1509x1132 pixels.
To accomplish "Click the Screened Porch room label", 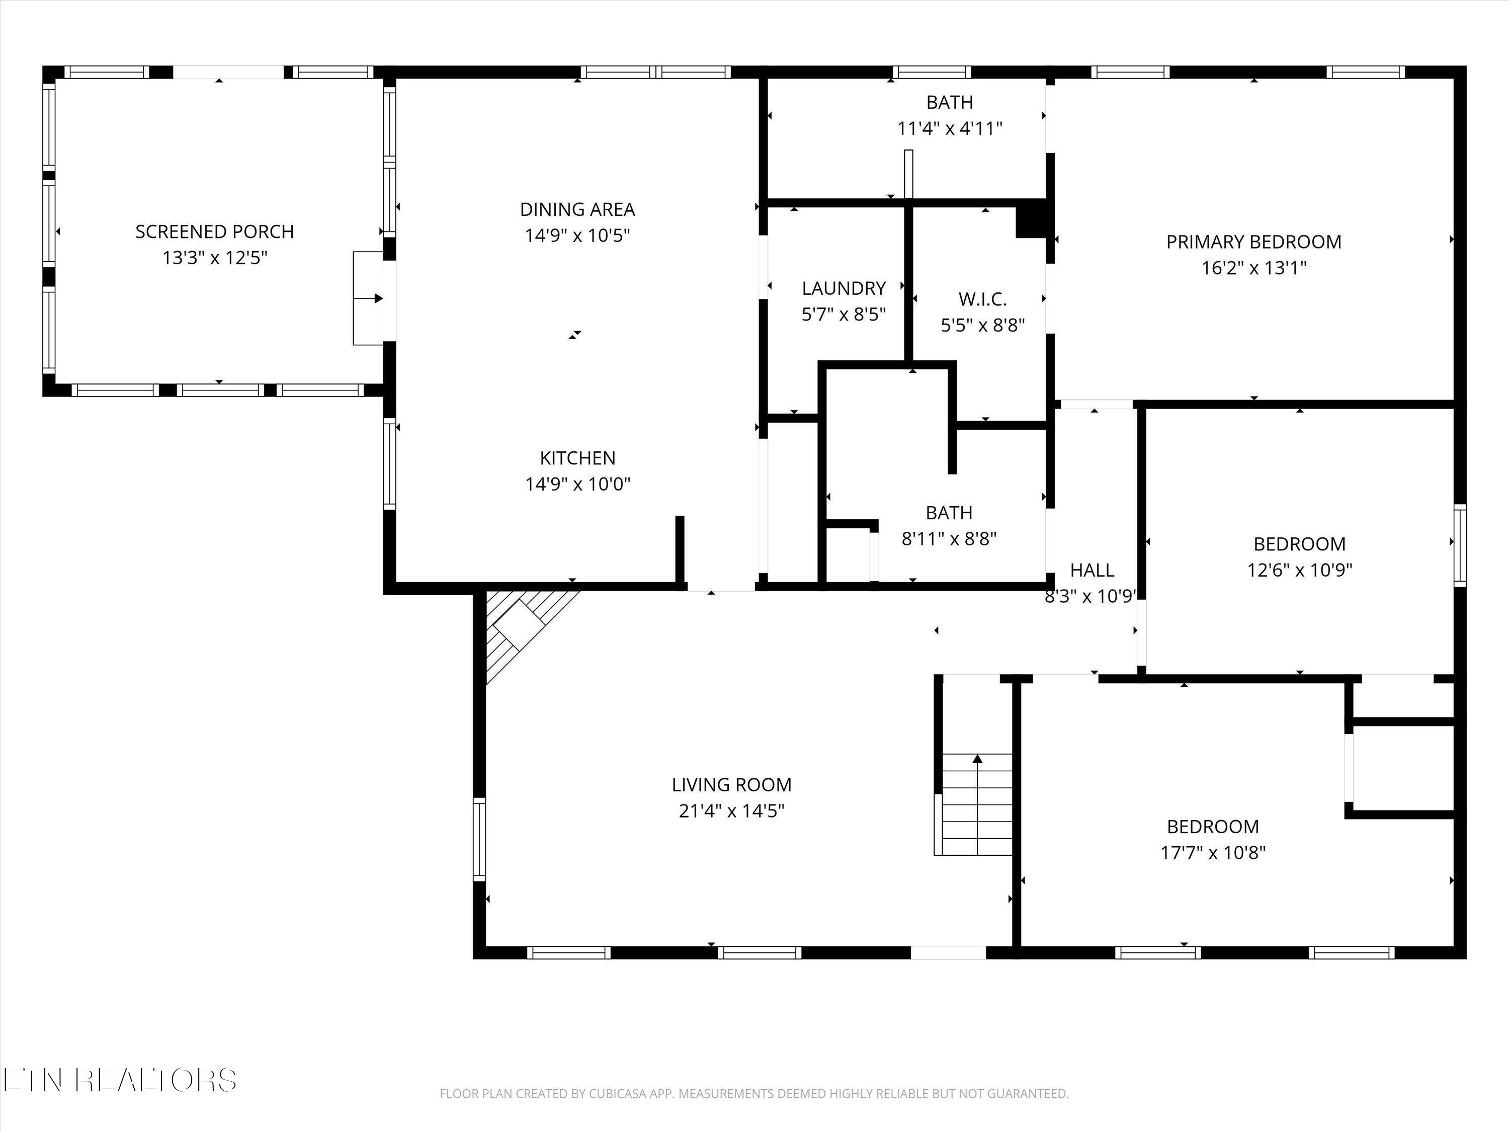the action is pyautogui.click(x=214, y=232).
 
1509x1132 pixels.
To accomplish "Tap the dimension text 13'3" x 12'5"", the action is pyautogui.click(x=214, y=258).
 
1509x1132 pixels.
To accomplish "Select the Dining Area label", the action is pyautogui.click(x=577, y=209).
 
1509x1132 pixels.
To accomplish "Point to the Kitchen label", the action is pyautogui.click(x=577, y=458).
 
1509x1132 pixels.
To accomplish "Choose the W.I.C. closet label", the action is pyautogui.click(x=982, y=299).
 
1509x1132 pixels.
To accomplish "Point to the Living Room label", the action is pyautogui.click(x=731, y=785).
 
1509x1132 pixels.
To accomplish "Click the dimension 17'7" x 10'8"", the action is pyautogui.click(x=1213, y=853).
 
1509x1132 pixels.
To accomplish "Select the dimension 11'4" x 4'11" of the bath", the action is pyautogui.click(x=949, y=128).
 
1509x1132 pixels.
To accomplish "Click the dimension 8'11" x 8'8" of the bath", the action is pyautogui.click(x=949, y=539).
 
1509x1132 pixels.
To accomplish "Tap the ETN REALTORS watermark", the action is pyautogui.click(x=120, y=1080).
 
